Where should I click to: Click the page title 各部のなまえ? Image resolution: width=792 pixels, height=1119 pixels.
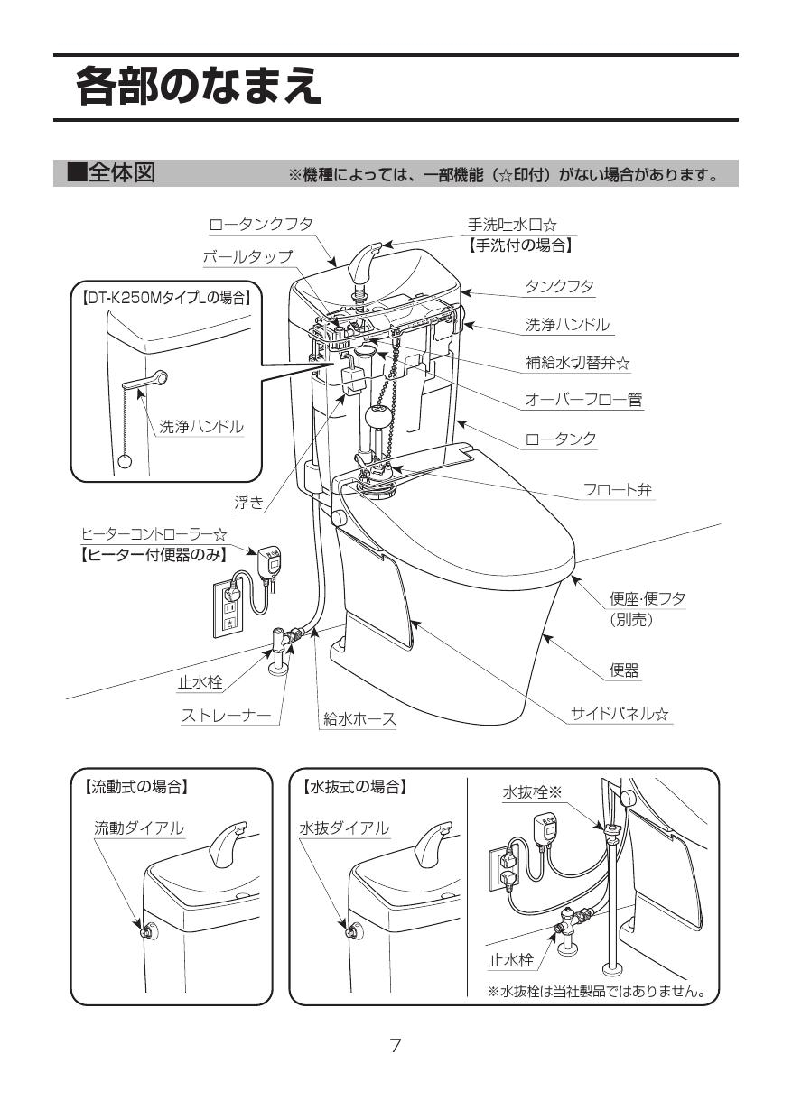click(199, 87)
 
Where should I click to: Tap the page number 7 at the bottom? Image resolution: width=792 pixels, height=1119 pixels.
click(396, 1046)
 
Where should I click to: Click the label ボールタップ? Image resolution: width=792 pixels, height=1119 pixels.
click(247, 256)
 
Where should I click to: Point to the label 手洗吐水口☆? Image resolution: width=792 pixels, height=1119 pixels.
click(511, 224)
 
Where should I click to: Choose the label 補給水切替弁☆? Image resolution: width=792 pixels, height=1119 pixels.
click(578, 363)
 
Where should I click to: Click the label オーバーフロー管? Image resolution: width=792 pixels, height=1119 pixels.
click(583, 399)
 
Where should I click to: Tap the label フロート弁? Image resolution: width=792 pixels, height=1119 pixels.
click(618, 490)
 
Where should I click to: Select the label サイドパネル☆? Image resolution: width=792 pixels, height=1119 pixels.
click(620, 714)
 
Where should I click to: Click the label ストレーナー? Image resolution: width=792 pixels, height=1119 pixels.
click(226, 716)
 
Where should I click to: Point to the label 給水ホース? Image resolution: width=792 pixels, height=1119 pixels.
click(359, 718)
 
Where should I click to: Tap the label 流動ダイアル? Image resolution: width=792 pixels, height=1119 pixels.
click(139, 828)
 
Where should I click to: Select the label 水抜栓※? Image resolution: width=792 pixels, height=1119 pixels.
click(532, 792)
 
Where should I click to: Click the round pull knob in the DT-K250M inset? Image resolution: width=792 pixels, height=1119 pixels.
click(126, 461)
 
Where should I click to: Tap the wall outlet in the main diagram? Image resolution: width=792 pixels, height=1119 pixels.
click(228, 607)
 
